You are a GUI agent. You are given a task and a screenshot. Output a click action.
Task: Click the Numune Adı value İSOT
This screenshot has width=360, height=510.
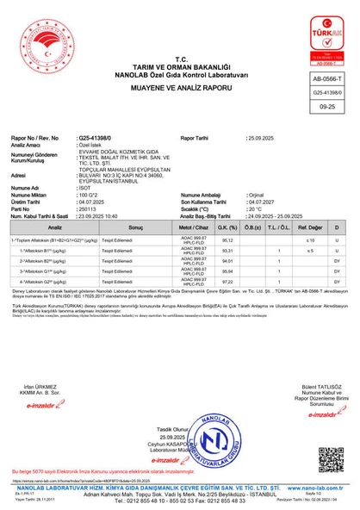84,187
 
